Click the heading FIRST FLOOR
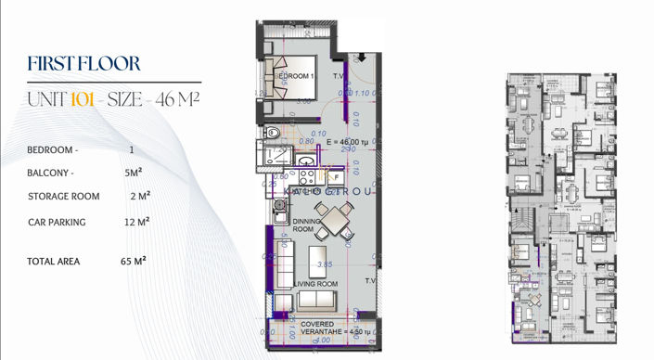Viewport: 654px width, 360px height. pos(84,64)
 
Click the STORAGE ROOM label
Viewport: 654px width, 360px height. pos(64,197)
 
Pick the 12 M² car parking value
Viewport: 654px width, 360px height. pos(135,222)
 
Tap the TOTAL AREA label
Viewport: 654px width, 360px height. pos(54,261)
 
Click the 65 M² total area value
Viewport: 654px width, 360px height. pos(135,261)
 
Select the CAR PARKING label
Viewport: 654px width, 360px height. pos(57,222)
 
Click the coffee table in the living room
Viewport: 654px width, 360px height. pos(318,255)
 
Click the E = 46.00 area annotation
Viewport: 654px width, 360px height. pos(343,140)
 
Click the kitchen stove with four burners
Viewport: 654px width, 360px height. pos(306,174)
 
